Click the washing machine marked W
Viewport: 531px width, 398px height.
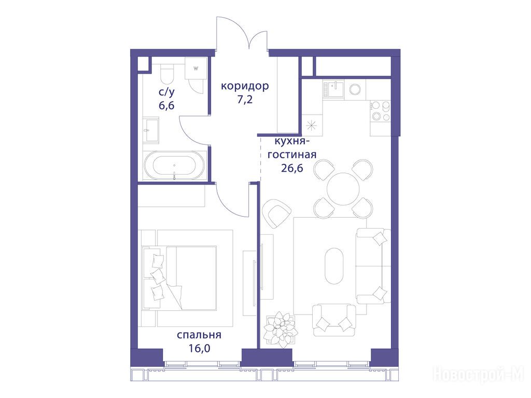(195, 68)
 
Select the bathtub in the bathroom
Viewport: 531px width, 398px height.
(174, 165)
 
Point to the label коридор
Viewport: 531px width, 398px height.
(245, 86)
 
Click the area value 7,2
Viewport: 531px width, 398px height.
(245, 100)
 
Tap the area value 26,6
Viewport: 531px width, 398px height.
(292, 167)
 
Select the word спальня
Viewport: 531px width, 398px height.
(199, 335)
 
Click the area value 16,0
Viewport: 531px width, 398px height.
(200, 348)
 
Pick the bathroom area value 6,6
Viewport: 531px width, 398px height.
(166, 105)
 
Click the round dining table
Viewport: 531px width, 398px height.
(343, 189)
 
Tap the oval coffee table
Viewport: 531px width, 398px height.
(334, 266)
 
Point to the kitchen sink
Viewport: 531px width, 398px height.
(333, 89)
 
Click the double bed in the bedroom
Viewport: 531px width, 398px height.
(179, 278)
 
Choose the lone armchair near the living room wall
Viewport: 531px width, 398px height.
(277, 214)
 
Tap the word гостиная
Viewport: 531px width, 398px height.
(292, 155)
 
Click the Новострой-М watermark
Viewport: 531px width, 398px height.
(479, 374)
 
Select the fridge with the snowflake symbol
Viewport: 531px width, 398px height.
(311, 126)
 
